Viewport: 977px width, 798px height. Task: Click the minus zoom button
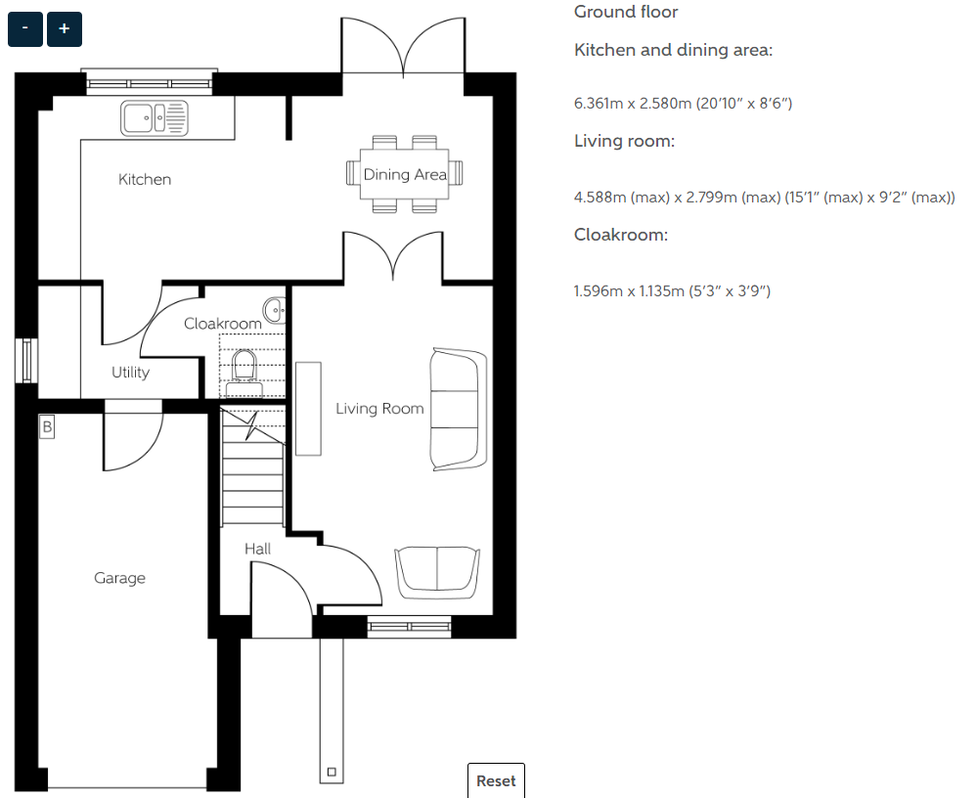click(24, 28)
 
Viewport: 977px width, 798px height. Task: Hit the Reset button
click(496, 780)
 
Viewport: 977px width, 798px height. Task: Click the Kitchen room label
click(145, 179)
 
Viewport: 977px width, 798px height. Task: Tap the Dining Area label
click(405, 174)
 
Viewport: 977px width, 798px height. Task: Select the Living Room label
click(379, 409)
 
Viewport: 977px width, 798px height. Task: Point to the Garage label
click(119, 578)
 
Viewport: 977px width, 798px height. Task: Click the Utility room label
click(130, 372)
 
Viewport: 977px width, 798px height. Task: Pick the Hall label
click(257, 549)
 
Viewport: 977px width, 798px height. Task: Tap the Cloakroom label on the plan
click(222, 324)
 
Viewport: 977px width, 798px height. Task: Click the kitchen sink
click(154, 117)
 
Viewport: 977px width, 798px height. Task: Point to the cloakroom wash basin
click(275, 310)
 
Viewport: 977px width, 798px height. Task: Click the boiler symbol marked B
click(47, 427)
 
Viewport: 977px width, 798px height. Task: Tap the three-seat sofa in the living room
click(458, 410)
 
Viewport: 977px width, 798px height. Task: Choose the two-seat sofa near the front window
click(437, 573)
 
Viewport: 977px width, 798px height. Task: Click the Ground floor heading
click(626, 12)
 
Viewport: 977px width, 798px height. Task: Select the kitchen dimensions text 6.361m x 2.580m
click(683, 104)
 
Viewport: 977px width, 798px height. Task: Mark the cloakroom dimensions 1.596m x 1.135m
click(672, 290)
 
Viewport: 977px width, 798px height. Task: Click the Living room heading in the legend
click(624, 141)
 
